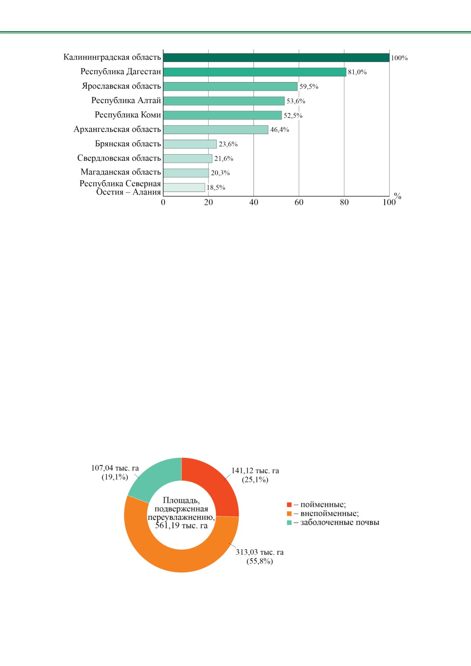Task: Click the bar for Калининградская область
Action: click(x=276, y=58)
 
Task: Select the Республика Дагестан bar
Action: click(x=255, y=72)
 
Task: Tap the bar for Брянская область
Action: click(x=190, y=144)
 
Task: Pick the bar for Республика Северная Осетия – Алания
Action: click(x=184, y=188)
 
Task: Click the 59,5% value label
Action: click(x=309, y=86)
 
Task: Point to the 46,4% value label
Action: click(x=280, y=130)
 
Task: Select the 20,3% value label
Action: click(x=220, y=173)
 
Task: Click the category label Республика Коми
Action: click(x=128, y=115)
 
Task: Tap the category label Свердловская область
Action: click(x=119, y=158)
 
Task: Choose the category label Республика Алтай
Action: click(x=126, y=100)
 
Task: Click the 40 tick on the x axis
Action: click(x=253, y=202)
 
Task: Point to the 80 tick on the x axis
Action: click(x=344, y=202)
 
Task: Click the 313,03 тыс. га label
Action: click(x=260, y=552)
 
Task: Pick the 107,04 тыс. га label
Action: click(x=115, y=468)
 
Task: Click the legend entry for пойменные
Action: click(x=316, y=505)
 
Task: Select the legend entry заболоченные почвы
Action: click(x=333, y=522)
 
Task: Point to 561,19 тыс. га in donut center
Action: click(x=181, y=526)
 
